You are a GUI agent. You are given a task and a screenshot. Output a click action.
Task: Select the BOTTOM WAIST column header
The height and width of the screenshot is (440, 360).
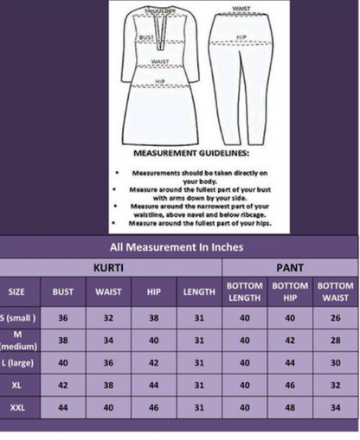tap(334, 291)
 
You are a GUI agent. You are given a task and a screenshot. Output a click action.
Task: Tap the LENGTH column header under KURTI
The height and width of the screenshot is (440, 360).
tap(199, 291)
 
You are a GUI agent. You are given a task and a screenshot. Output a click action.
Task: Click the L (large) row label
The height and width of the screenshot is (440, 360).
tap(17, 362)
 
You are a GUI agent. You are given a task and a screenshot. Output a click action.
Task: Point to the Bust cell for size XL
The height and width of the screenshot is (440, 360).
tap(62, 384)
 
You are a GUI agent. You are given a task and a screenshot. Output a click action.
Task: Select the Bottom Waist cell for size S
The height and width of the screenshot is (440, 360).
tap(334, 318)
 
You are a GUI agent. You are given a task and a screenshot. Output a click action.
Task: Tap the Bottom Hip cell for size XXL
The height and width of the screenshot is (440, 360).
tap(289, 405)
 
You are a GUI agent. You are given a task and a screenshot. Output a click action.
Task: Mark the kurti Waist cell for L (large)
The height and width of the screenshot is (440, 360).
tap(109, 362)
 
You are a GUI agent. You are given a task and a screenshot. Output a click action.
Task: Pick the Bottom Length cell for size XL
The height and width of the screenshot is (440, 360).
tap(244, 384)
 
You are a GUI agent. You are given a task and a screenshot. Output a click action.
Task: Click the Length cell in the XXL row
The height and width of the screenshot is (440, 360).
tap(199, 405)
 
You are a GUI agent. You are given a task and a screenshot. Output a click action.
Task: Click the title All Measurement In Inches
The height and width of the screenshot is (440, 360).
tap(177, 246)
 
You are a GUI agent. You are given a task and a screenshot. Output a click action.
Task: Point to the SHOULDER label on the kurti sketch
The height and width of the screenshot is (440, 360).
tap(164, 11)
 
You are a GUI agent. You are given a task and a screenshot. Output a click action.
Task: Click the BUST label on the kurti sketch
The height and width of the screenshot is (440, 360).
tap(147, 40)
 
